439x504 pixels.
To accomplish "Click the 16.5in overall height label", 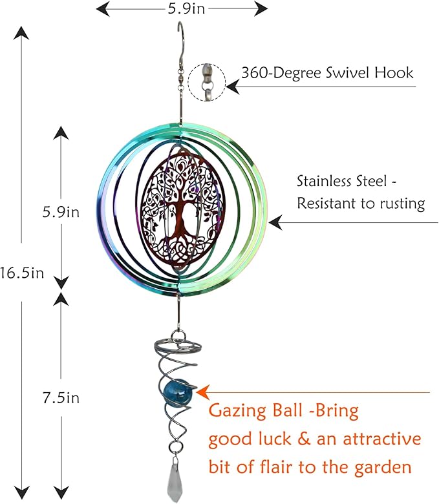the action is click(x=22, y=273).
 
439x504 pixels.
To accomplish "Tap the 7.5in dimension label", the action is click(x=61, y=398).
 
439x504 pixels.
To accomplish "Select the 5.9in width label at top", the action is click(x=186, y=8).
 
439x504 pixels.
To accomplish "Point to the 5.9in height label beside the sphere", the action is click(x=61, y=212).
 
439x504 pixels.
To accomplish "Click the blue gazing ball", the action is click(x=176, y=390).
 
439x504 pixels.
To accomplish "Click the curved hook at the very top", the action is click(x=181, y=36).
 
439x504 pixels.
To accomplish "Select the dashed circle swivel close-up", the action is click(x=207, y=82).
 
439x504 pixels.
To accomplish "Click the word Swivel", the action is click(x=347, y=72).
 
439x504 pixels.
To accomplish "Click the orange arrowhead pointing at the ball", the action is click(x=203, y=392).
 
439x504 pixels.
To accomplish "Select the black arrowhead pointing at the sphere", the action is click(x=275, y=222).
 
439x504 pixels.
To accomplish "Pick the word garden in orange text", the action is click(x=383, y=467).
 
